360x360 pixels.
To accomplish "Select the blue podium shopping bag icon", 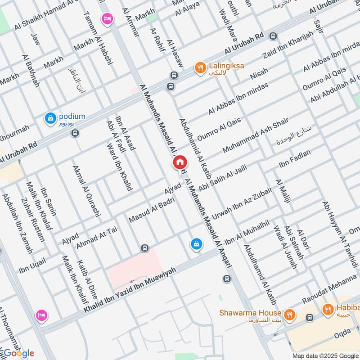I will pyautogui.click(x=50, y=118).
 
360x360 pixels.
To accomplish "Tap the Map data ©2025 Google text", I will pyautogui.click(x=325, y=355).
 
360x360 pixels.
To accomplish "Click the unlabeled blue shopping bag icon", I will pyautogui.click(x=196, y=244).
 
